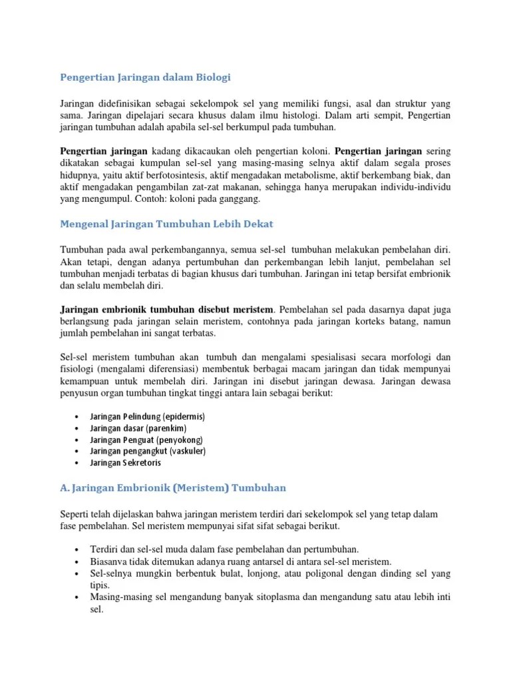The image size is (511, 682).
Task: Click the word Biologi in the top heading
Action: pyautogui.click(x=212, y=78)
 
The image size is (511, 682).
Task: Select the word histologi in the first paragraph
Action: pyautogui.click(x=311, y=115)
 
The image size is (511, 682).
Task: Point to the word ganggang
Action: pyautogui.click(x=239, y=199)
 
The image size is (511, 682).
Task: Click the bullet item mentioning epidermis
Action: pyautogui.click(x=147, y=416)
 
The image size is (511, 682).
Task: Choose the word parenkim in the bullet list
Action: pyautogui.click(x=162, y=428)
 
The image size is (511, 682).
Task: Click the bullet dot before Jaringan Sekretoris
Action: pyautogui.click(x=78, y=463)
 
